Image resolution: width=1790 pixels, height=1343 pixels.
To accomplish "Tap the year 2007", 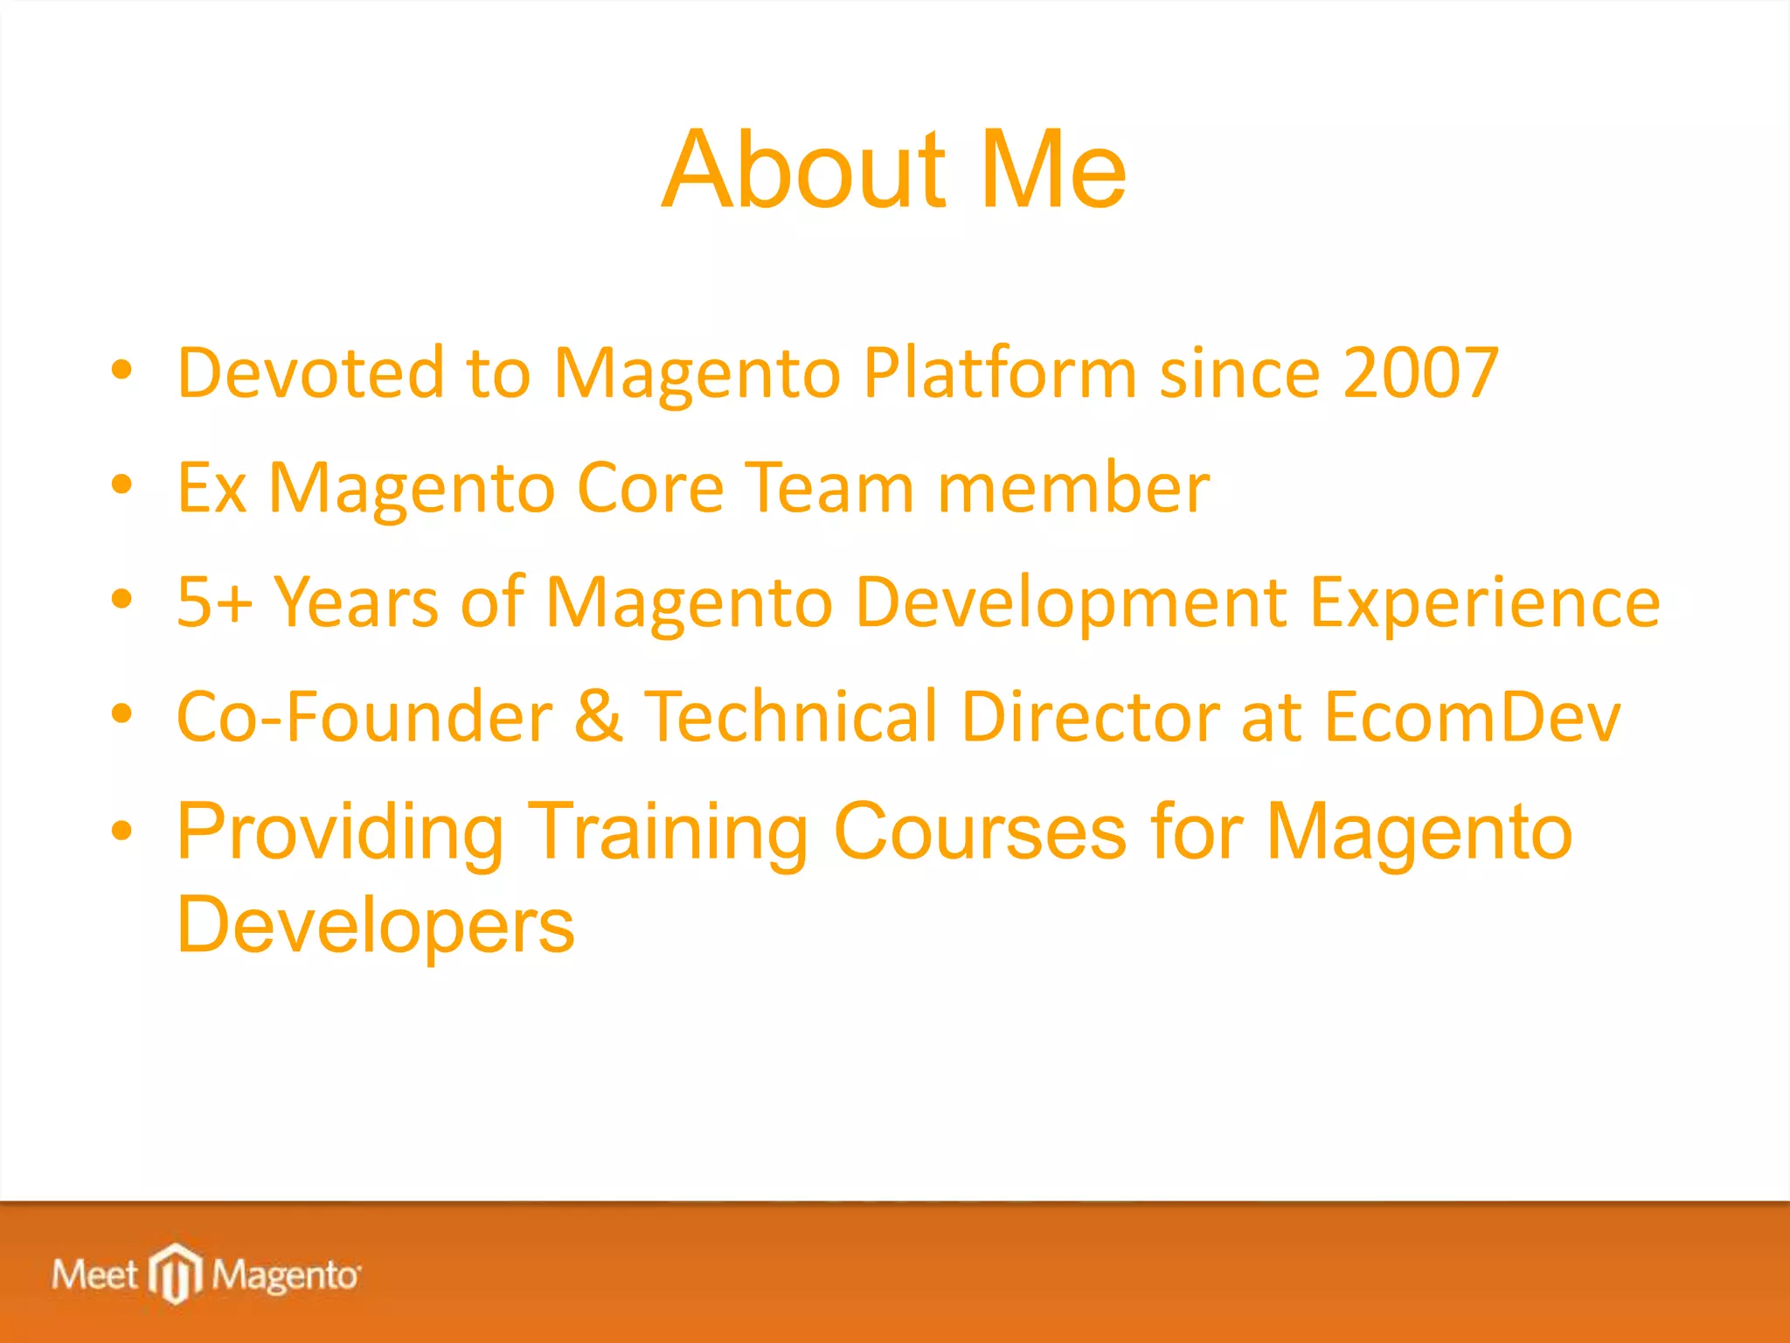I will [x=1421, y=373].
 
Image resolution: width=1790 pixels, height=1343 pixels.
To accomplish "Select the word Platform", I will [x=1000, y=373].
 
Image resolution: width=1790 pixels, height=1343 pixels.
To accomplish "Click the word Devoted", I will [x=311, y=373].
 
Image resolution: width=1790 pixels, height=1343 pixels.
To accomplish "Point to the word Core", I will [x=650, y=488].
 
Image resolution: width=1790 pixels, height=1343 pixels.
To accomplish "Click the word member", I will [x=1073, y=488].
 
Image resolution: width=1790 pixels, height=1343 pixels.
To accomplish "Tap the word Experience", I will [x=1484, y=602].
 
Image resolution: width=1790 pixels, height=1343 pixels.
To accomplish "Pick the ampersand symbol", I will [x=599, y=717].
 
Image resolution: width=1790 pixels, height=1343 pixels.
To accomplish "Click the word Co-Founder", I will [x=364, y=717].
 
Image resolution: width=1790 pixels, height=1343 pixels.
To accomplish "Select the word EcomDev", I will [x=1472, y=717].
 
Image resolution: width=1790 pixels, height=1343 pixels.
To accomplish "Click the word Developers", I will [x=376, y=925].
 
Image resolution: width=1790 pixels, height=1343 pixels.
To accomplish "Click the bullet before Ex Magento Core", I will [x=122, y=484].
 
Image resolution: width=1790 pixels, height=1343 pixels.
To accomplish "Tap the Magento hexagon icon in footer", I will [x=176, y=1273].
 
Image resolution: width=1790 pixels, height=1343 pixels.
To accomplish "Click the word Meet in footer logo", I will [x=94, y=1275].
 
